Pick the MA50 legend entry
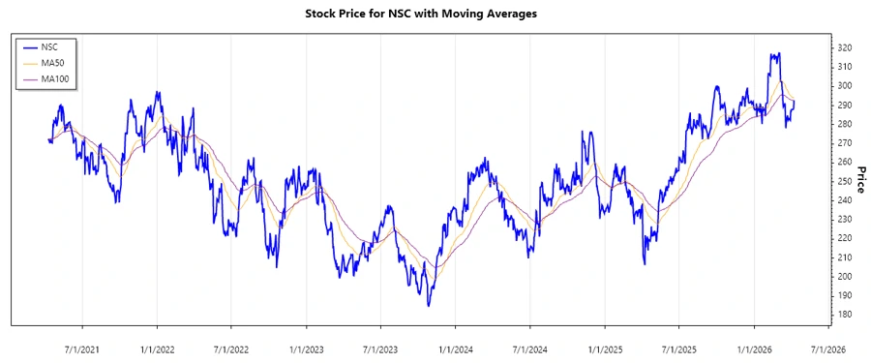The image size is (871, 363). pos(54,62)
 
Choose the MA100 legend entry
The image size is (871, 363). pos(56,78)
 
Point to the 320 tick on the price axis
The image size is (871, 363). pos(843,47)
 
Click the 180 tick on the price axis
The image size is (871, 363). pos(843,315)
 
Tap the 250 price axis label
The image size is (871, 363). pos(843,181)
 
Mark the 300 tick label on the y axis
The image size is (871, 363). pos(843,86)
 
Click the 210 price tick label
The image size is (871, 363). pos(843,257)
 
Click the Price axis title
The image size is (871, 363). pos(859,181)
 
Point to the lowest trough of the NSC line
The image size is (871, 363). pos(429,306)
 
